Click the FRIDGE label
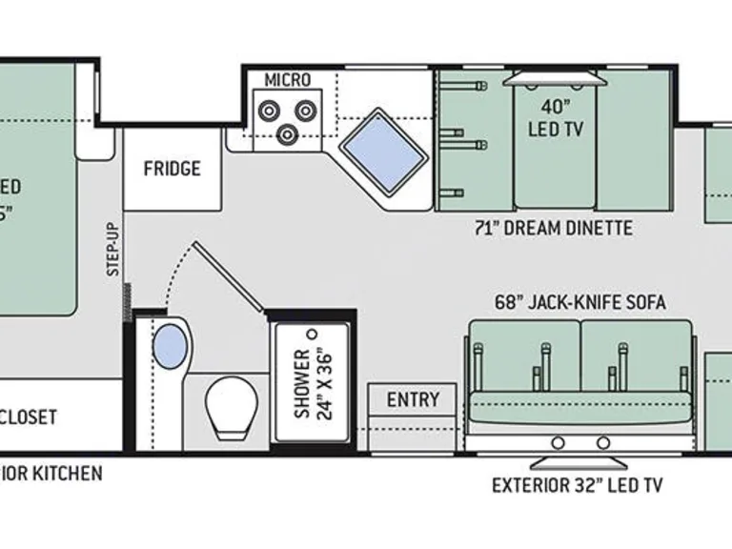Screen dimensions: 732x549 [x=173, y=169]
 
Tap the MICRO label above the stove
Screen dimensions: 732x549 [x=287, y=79]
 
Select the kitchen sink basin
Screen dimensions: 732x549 [x=384, y=152]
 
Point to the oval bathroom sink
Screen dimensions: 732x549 [x=170, y=346]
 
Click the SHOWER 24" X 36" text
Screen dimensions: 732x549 [x=311, y=384]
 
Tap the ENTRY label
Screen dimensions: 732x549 [x=413, y=399]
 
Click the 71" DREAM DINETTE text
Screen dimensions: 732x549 [x=554, y=228]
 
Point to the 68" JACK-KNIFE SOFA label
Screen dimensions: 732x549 [x=579, y=302]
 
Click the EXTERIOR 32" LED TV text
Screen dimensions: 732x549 [x=577, y=485]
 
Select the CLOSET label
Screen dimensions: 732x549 [x=29, y=417]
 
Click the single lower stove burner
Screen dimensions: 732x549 [x=286, y=133]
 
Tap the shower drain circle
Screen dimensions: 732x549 [x=311, y=335]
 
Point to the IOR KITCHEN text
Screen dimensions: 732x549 [x=51, y=474]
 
